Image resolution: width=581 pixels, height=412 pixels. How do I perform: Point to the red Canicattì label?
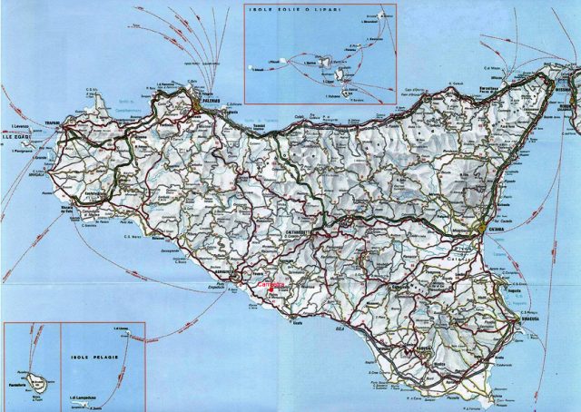pyautogui.click(x=271, y=284)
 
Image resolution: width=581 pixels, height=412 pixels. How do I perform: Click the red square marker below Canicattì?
pyautogui.click(x=272, y=291)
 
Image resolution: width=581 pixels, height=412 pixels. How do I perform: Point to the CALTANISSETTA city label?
pyautogui.click(x=297, y=231)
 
